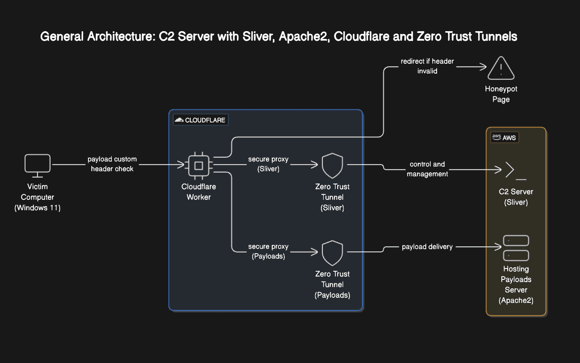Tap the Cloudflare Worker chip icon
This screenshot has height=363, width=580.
pyautogui.click(x=198, y=165)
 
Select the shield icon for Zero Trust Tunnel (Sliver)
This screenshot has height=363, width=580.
pyautogui.click(x=332, y=165)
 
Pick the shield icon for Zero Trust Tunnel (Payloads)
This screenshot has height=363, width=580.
pyautogui.click(x=332, y=253)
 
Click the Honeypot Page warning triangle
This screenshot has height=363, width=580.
pyautogui.click(x=501, y=69)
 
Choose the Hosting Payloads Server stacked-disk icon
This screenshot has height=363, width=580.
pyautogui.click(x=516, y=248)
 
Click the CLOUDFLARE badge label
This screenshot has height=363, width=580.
pyautogui.click(x=201, y=120)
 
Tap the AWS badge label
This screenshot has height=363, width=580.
pyautogui.click(x=505, y=137)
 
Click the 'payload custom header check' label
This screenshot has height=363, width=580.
pyautogui.click(x=112, y=164)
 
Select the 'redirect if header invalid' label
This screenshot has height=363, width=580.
pyautogui.click(x=427, y=66)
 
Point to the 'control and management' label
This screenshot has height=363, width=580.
pyautogui.click(x=427, y=169)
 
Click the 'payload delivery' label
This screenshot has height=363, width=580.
pyautogui.click(x=427, y=247)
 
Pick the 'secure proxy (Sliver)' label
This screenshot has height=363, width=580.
pyautogui.click(x=268, y=164)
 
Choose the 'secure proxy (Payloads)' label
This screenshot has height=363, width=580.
pyautogui.click(x=268, y=251)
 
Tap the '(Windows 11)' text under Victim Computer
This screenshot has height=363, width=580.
pyautogui.click(x=38, y=208)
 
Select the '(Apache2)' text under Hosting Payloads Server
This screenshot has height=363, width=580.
pyautogui.click(x=516, y=300)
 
